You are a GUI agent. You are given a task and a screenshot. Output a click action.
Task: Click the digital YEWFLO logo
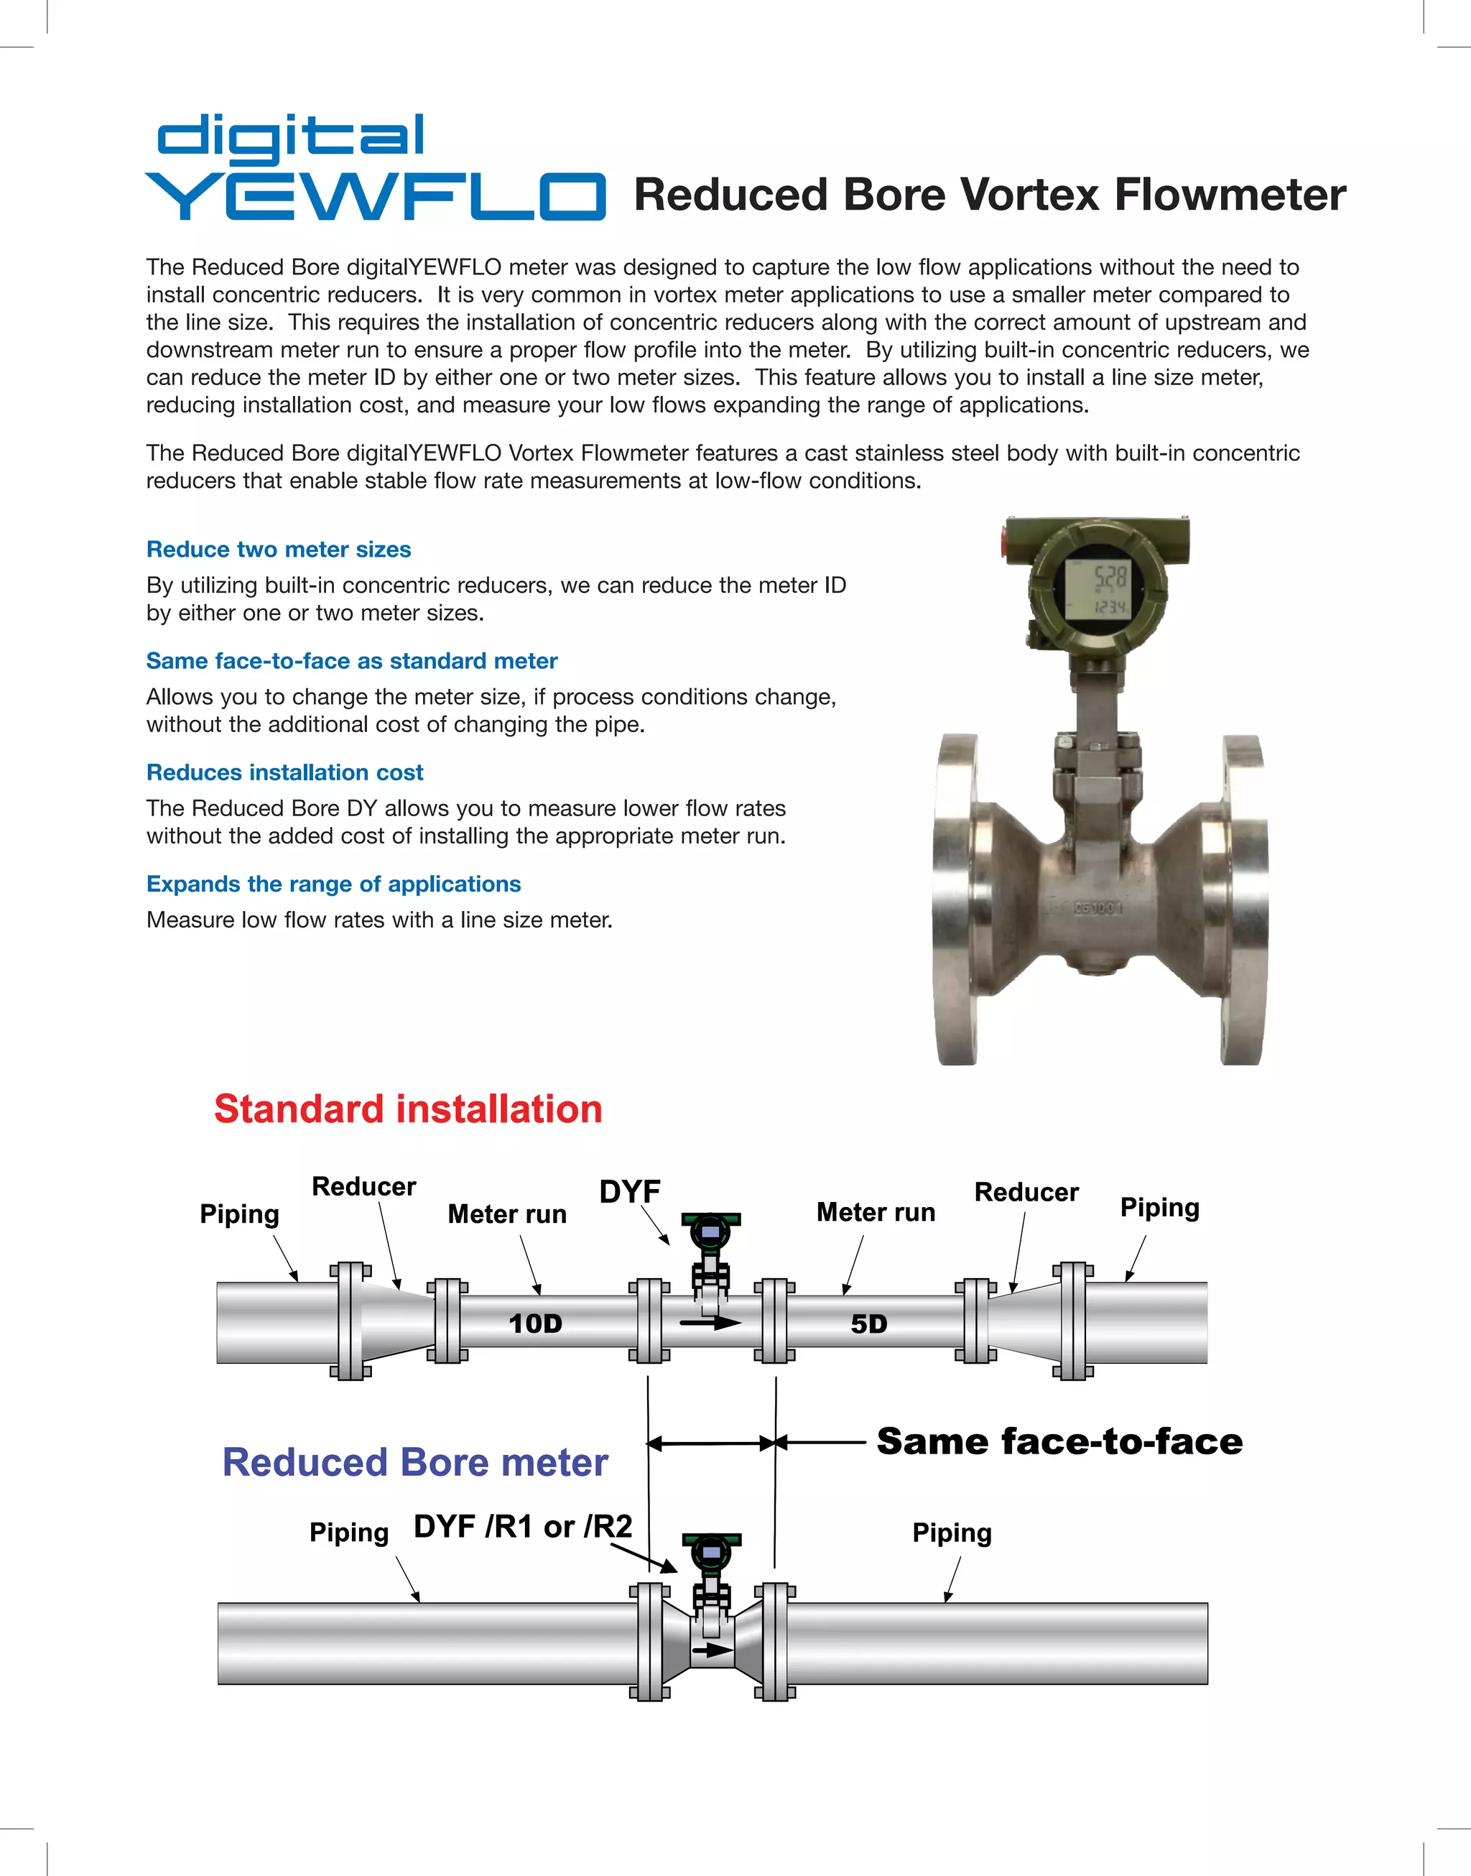375,168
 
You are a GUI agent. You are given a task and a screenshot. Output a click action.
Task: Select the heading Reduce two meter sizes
278,550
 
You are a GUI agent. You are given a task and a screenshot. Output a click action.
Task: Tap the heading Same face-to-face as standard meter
351,660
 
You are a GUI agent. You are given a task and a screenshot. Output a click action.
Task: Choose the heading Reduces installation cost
284,772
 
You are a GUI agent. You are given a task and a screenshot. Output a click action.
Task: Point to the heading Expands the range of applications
333,884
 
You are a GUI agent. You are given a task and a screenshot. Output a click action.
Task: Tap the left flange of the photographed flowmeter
956,900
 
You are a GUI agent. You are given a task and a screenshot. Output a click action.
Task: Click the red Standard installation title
407,1109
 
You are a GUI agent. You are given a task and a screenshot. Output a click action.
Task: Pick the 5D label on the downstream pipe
868,1324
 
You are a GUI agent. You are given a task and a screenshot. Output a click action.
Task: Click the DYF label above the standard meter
630,1191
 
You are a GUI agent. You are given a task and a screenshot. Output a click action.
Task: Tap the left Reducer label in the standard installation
363,1186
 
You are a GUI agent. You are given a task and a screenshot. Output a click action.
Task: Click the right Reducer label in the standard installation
1026,1192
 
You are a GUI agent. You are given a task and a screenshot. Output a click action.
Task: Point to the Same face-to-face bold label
1059,1441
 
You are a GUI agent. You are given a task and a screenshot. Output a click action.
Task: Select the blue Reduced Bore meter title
414,1463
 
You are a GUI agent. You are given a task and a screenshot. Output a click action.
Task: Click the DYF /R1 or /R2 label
523,1526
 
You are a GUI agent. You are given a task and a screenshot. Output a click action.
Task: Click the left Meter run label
506,1214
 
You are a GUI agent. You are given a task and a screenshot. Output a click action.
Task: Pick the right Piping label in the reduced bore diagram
952,1533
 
